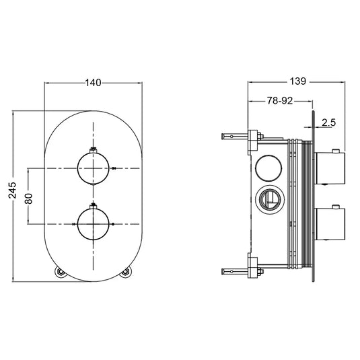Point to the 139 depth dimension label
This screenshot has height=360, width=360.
coord(297,81)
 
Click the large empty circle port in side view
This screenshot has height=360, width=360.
coord(270,168)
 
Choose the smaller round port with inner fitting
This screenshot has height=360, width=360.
coord(269,199)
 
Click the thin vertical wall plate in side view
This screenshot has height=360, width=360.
coord(313,195)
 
